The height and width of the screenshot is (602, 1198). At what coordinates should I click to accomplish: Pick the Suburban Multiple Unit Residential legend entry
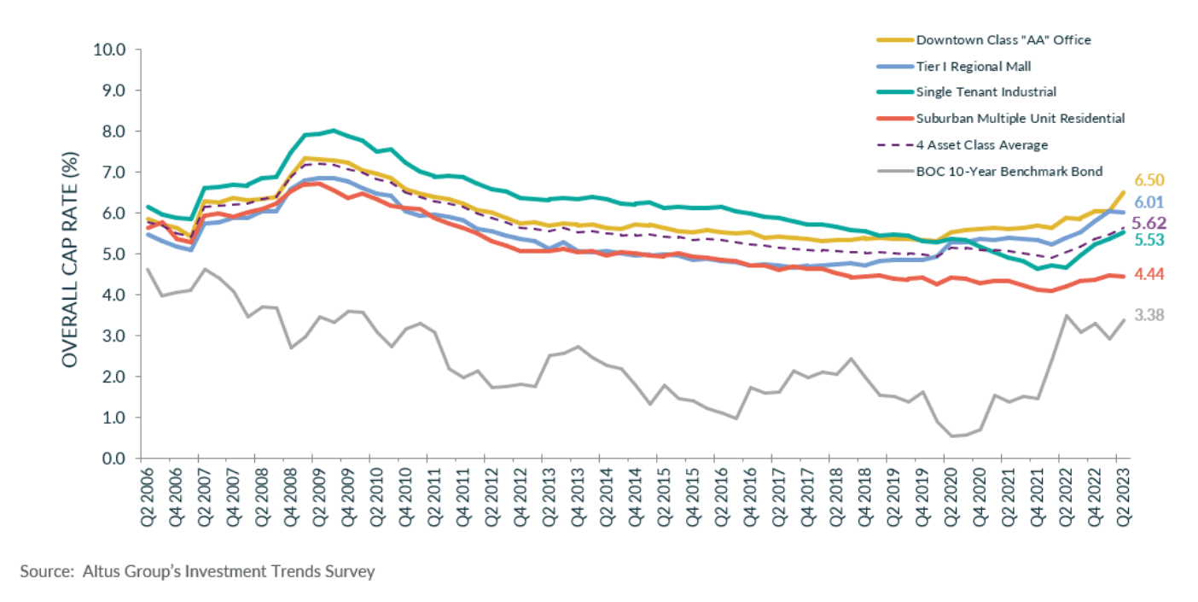[x=1020, y=119]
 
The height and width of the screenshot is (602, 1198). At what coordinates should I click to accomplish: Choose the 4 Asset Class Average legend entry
[x=981, y=145]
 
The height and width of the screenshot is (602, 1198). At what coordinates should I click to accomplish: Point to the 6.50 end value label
[x=1149, y=180]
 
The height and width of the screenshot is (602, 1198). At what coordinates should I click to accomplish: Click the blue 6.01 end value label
[x=1149, y=203]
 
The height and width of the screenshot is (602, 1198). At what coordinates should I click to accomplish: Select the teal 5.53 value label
[x=1149, y=240]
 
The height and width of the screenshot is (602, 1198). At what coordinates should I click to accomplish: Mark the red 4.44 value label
[x=1149, y=274]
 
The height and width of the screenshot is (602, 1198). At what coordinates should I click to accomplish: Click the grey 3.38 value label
[x=1149, y=315]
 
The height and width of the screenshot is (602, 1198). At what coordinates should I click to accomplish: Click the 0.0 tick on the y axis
[x=112, y=459]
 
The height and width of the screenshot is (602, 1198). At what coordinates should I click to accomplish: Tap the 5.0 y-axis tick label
[x=112, y=254]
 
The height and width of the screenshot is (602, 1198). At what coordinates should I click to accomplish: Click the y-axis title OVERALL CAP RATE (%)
[x=70, y=254]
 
